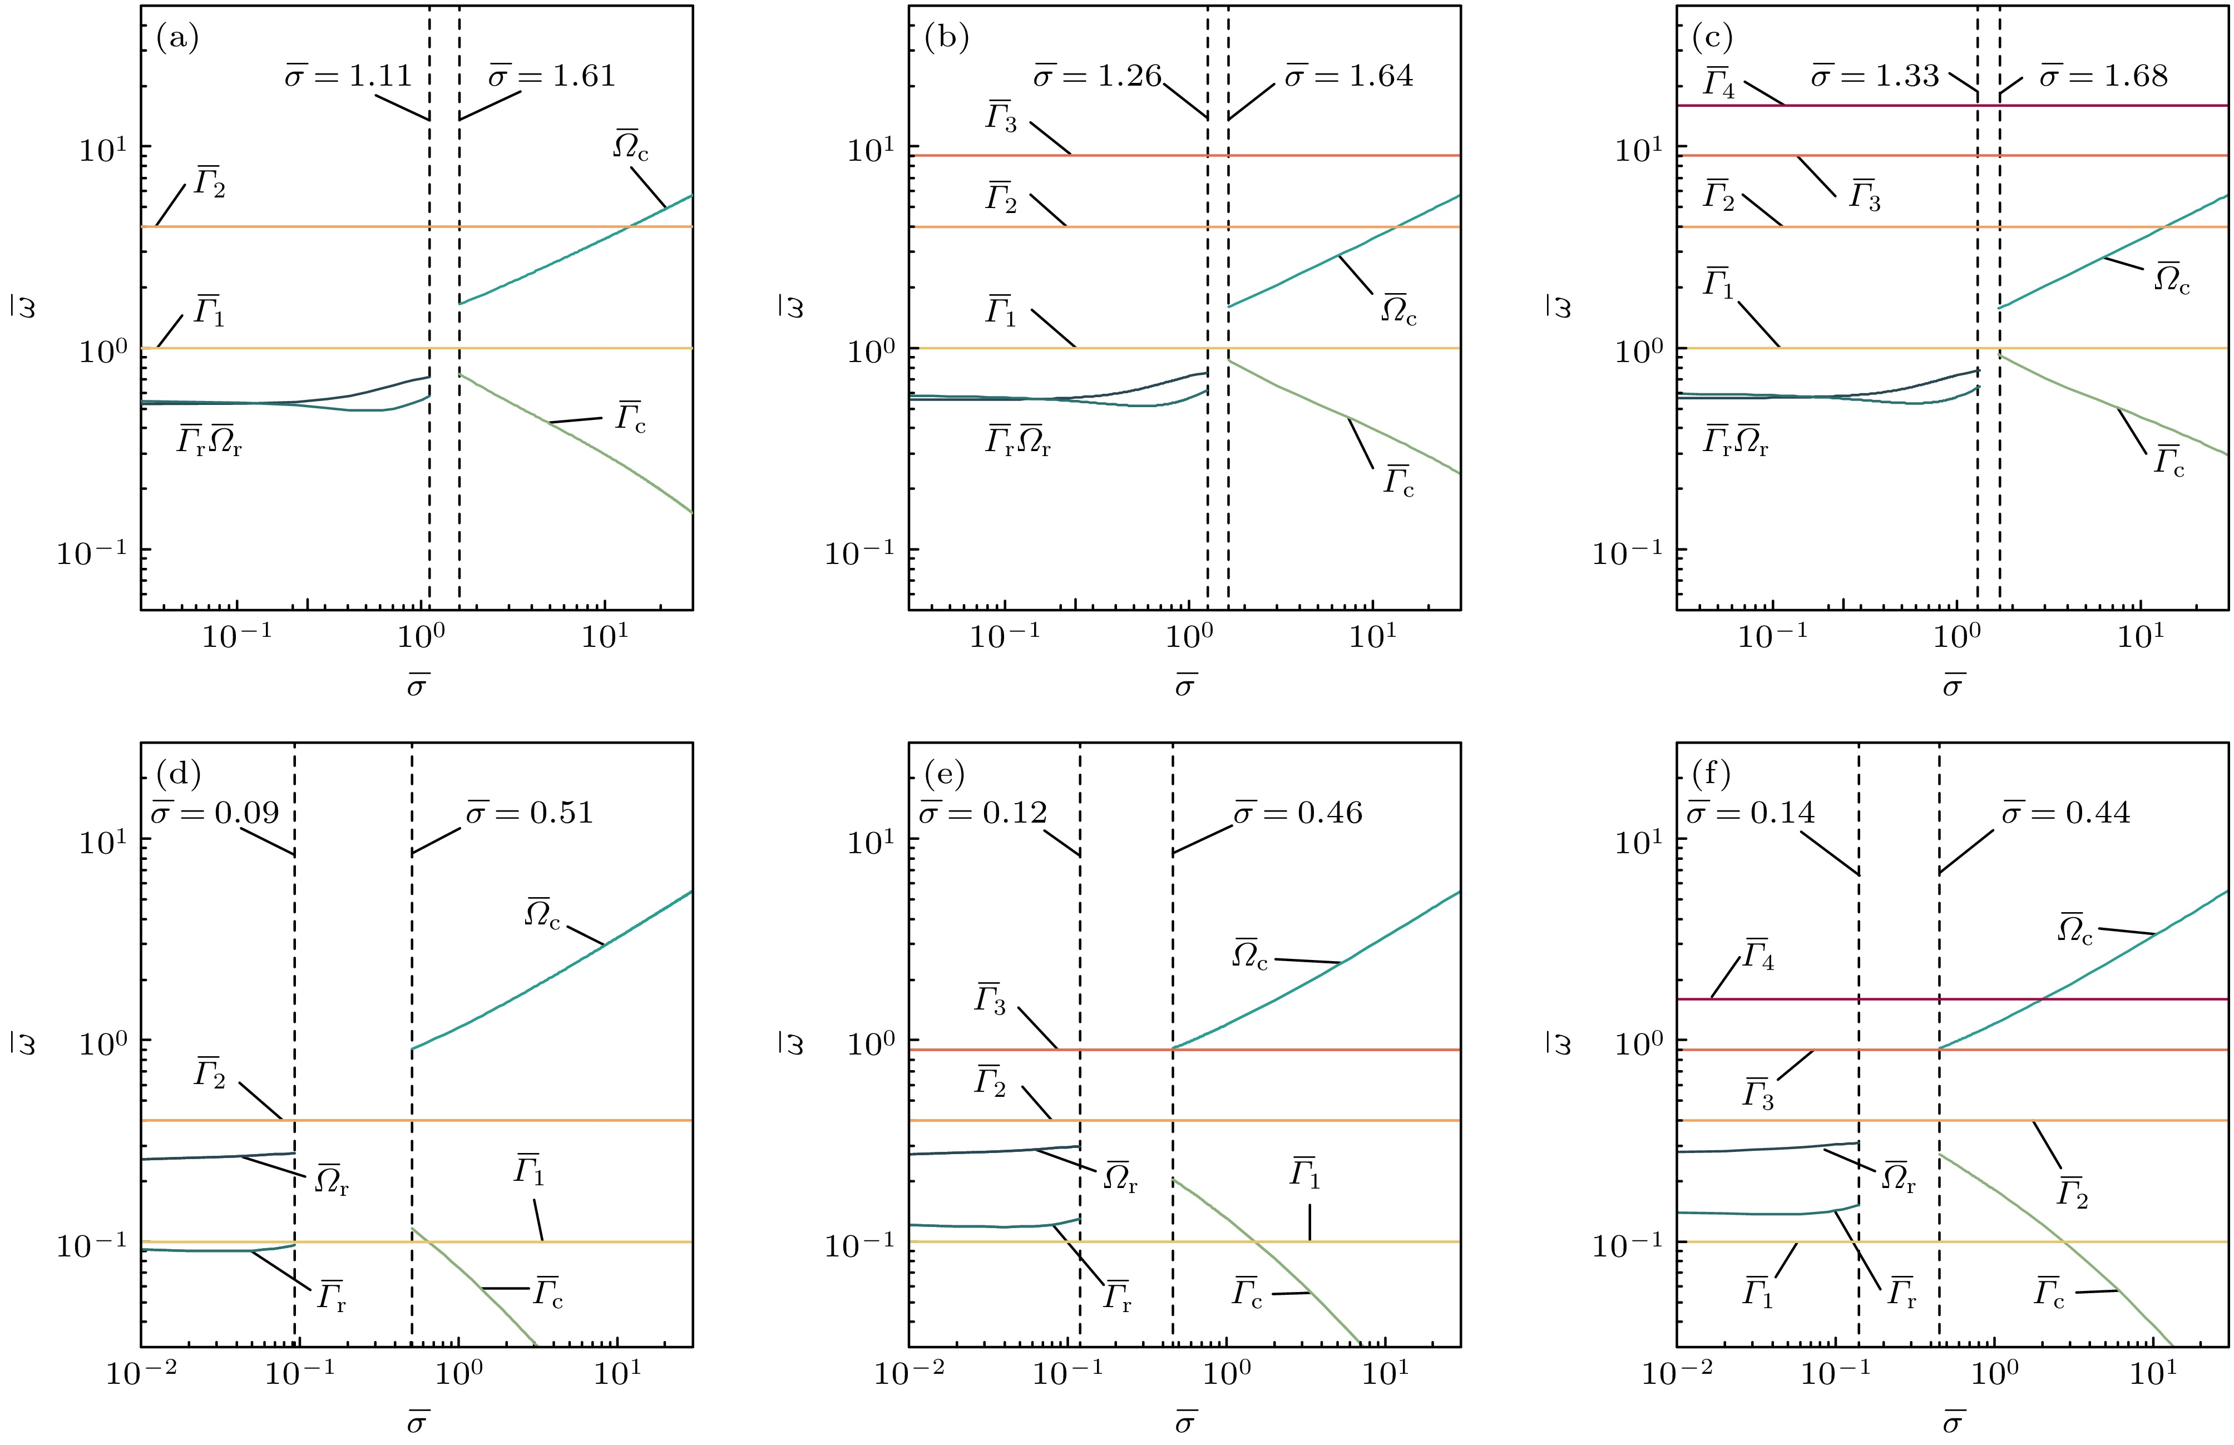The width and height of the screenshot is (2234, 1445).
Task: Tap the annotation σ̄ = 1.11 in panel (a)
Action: point(349,75)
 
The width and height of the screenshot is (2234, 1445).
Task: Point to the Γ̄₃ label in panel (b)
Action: point(1000,117)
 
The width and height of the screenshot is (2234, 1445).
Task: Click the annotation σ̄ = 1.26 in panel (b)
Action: point(1097,75)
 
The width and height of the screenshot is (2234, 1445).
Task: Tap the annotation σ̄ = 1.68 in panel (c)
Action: point(2104,75)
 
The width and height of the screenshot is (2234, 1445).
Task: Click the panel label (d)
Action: point(178,774)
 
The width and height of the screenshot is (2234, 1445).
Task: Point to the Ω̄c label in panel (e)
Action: point(1250,955)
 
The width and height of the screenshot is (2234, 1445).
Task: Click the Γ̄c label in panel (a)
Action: point(630,418)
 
